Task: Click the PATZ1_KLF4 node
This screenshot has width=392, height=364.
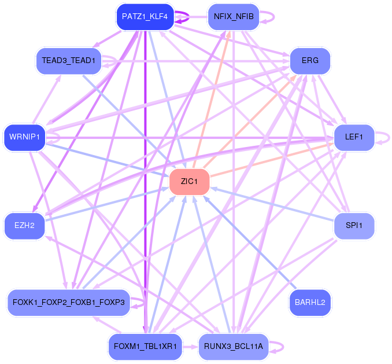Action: pyautogui.click(x=145, y=17)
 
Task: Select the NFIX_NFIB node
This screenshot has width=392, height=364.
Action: pyautogui.click(x=234, y=17)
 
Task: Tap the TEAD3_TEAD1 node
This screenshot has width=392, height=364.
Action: pyautogui.click(x=69, y=61)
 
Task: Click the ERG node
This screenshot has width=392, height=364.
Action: pyautogui.click(x=310, y=61)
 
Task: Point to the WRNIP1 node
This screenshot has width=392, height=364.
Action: pyautogui.click(x=24, y=137)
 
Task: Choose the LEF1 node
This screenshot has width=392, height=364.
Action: pyautogui.click(x=354, y=137)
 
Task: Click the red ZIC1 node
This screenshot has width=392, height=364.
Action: pyautogui.click(x=189, y=181)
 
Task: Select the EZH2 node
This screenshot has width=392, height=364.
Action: pyautogui.click(x=24, y=226)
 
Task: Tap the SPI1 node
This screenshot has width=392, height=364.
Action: pyautogui.click(x=354, y=226)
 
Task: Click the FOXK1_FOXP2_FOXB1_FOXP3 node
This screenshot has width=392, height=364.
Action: pyautogui.click(x=69, y=303)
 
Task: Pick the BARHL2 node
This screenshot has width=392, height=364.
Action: pyautogui.click(x=310, y=303)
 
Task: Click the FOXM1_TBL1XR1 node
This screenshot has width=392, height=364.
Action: pyautogui.click(x=145, y=347)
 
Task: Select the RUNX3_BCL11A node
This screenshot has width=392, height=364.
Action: pyautogui.click(x=234, y=347)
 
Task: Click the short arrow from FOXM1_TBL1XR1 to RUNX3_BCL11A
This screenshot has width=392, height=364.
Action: pyautogui.click(x=190, y=347)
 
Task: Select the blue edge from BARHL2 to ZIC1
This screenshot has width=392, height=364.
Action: pyautogui.click(x=250, y=242)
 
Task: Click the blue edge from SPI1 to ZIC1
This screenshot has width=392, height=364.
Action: pyautogui.click(x=272, y=204)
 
